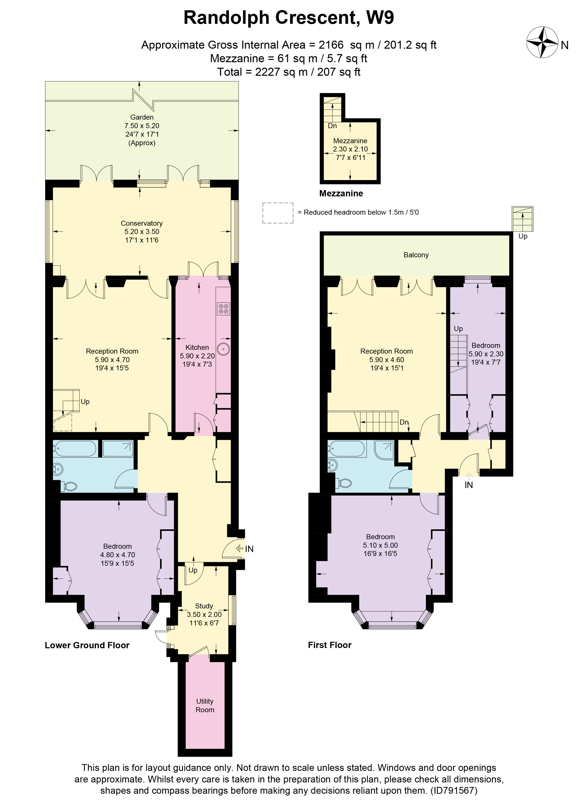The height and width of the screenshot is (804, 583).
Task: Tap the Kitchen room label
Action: pos(197,347)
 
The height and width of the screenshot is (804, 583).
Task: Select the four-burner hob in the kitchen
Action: pos(224,309)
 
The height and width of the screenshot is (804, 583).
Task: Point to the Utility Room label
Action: pos(205,705)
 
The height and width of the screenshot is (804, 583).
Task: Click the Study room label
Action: pos(204,606)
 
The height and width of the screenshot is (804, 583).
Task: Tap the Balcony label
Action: pos(416,255)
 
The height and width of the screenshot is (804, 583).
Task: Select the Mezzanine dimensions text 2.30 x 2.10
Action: pos(350,149)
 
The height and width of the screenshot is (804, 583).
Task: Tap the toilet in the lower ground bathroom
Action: pos(70,486)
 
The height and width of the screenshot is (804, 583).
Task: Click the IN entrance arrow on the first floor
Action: pos(469,475)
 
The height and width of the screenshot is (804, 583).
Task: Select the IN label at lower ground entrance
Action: pos(249,549)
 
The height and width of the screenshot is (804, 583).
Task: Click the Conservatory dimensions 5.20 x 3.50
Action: pos(142,231)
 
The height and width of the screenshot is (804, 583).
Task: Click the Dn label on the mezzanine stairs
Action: pos(332,126)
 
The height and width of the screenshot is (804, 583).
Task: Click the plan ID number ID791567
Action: pos(454,790)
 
